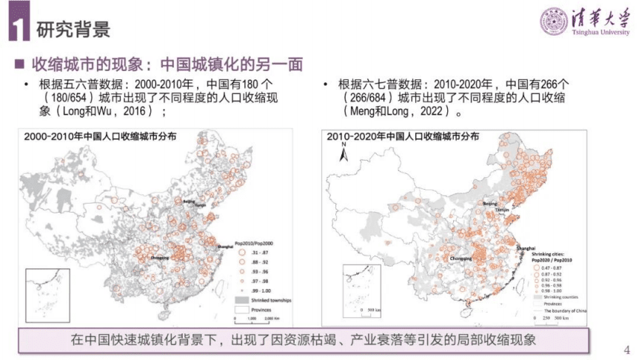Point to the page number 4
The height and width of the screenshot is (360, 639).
628,350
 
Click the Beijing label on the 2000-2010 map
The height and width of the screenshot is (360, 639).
189,201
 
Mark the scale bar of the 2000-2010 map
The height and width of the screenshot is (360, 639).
255,316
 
